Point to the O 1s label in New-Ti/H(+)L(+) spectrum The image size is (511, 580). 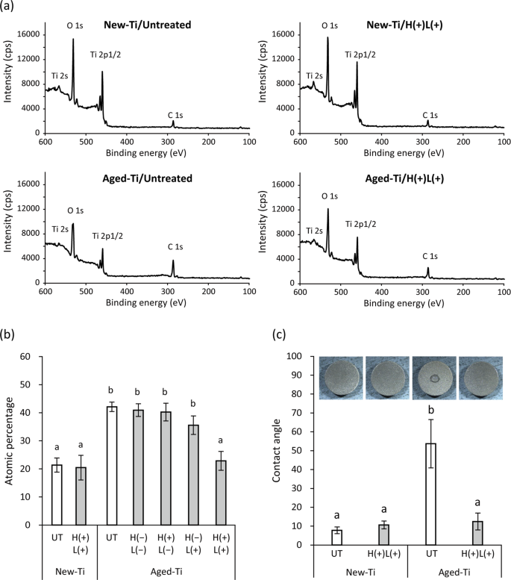pyautogui.click(x=330, y=26)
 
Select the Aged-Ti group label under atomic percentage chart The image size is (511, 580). pyautogui.click(x=175, y=571)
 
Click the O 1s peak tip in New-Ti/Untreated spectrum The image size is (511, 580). pyautogui.click(x=73, y=40)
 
